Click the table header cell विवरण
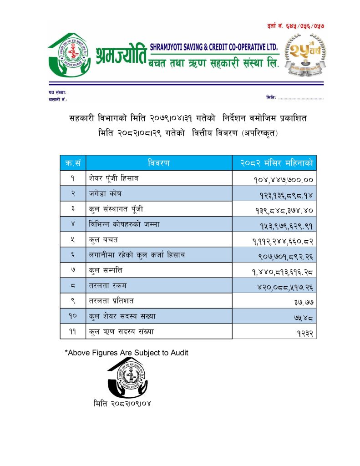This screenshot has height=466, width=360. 159,163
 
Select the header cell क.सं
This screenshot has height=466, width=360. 72,163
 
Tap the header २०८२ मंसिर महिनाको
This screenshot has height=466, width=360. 274,163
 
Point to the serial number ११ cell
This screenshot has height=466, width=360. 72,332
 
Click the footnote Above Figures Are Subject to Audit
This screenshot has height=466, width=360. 127,352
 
